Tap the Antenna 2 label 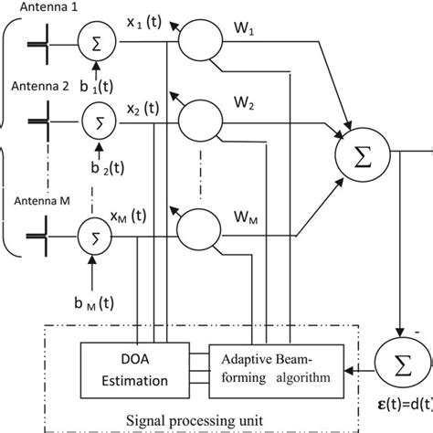click(x=37, y=89)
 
